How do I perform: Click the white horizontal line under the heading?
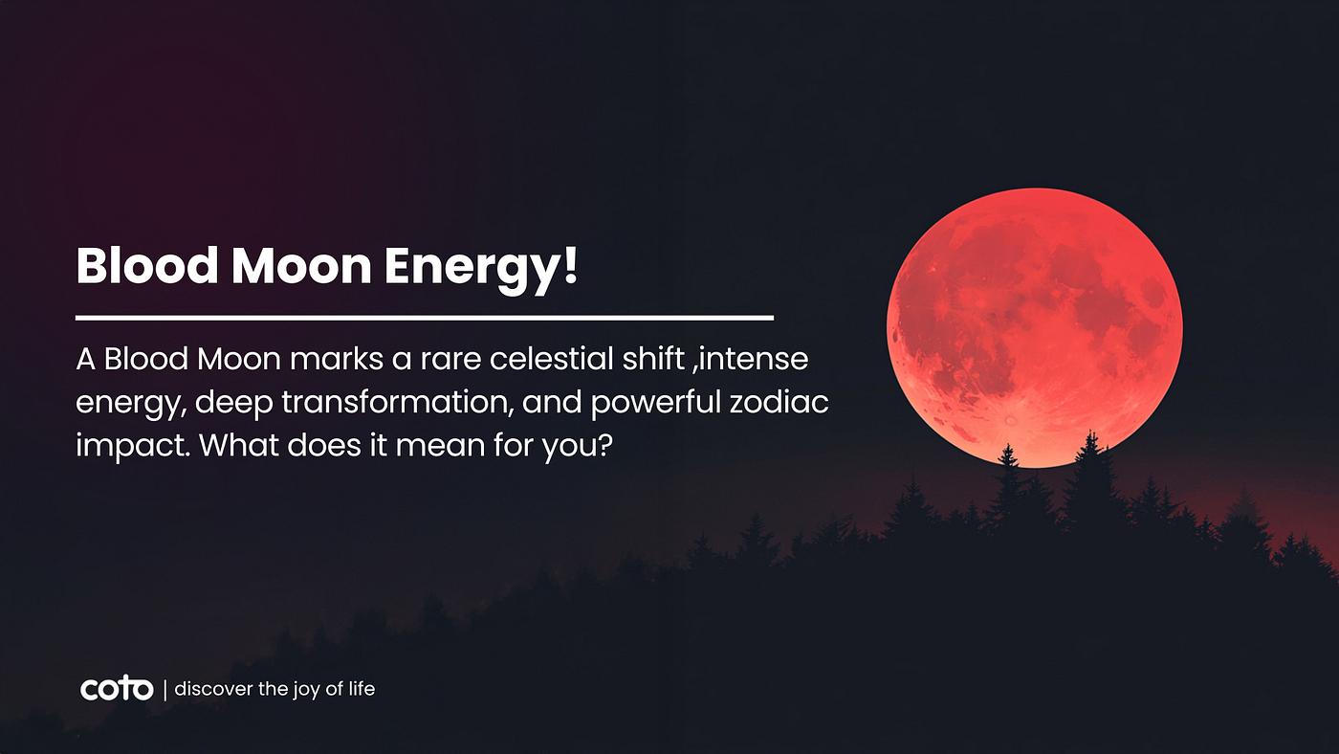tap(424, 317)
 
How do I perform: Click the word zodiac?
tap(791, 403)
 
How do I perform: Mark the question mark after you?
tap(603, 445)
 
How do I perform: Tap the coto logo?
tap(117, 688)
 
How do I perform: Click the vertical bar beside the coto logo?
tap(165, 689)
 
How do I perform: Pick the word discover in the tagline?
tap(212, 688)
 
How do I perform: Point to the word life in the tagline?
tap(362, 688)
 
